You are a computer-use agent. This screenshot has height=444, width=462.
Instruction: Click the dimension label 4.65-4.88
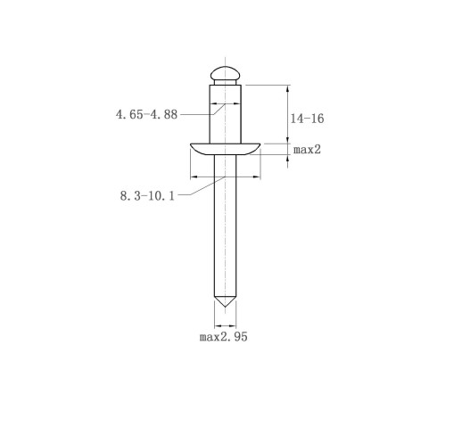click(146, 114)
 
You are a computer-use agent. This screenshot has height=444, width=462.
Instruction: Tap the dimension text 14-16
click(307, 119)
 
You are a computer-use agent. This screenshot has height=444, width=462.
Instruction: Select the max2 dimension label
click(307, 150)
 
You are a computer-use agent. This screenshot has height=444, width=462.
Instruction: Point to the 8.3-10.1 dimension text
click(147, 196)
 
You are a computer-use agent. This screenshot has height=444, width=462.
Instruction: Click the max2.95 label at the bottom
click(223, 337)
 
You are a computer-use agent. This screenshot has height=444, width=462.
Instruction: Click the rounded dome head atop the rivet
click(225, 73)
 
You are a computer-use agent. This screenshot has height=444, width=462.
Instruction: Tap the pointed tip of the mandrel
click(225, 307)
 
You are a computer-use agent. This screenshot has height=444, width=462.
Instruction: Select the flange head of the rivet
click(225, 149)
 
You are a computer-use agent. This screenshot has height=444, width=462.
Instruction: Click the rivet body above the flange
click(225, 114)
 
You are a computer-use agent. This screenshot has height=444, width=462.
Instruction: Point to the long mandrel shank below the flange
click(225, 226)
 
